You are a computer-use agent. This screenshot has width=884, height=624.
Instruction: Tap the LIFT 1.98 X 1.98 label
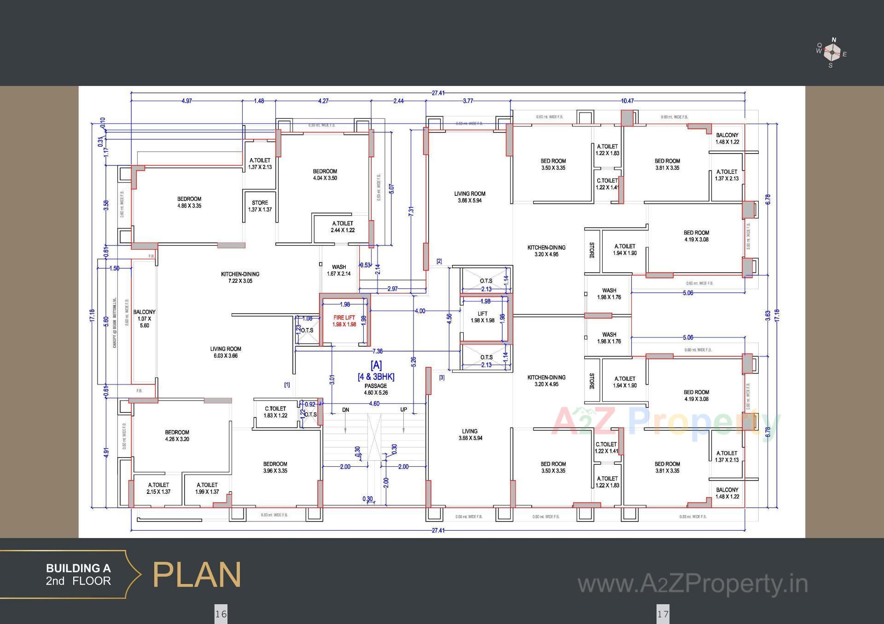(483, 317)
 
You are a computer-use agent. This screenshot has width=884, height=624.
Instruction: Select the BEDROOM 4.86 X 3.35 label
(189, 202)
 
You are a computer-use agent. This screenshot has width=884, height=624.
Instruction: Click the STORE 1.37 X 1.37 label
(260, 206)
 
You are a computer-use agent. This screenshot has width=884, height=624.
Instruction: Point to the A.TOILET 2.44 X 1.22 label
(343, 227)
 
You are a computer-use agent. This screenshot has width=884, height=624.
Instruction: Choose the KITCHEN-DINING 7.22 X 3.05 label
(240, 277)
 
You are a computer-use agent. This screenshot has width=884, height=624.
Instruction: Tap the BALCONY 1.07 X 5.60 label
(144, 318)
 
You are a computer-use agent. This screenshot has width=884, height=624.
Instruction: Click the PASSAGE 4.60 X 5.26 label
(376, 389)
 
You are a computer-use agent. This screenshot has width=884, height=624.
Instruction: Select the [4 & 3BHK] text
(376, 377)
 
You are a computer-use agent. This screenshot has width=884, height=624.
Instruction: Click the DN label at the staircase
(345, 410)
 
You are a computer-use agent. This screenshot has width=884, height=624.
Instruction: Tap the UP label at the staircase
(403, 410)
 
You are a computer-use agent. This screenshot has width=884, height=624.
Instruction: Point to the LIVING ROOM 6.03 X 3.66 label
(226, 352)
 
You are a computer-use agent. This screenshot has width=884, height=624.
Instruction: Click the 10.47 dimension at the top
(627, 101)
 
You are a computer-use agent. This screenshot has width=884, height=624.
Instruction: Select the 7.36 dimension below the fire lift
(377, 351)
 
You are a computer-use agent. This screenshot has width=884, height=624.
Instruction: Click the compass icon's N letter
(834, 40)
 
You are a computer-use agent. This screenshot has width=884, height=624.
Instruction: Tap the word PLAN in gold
(197, 575)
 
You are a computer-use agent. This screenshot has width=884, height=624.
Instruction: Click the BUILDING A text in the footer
(78, 568)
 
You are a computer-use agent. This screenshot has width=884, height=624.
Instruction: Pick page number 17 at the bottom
(663, 614)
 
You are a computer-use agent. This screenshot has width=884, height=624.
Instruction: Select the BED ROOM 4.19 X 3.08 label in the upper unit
(696, 236)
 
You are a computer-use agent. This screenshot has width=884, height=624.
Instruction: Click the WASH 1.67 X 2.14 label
(339, 270)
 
